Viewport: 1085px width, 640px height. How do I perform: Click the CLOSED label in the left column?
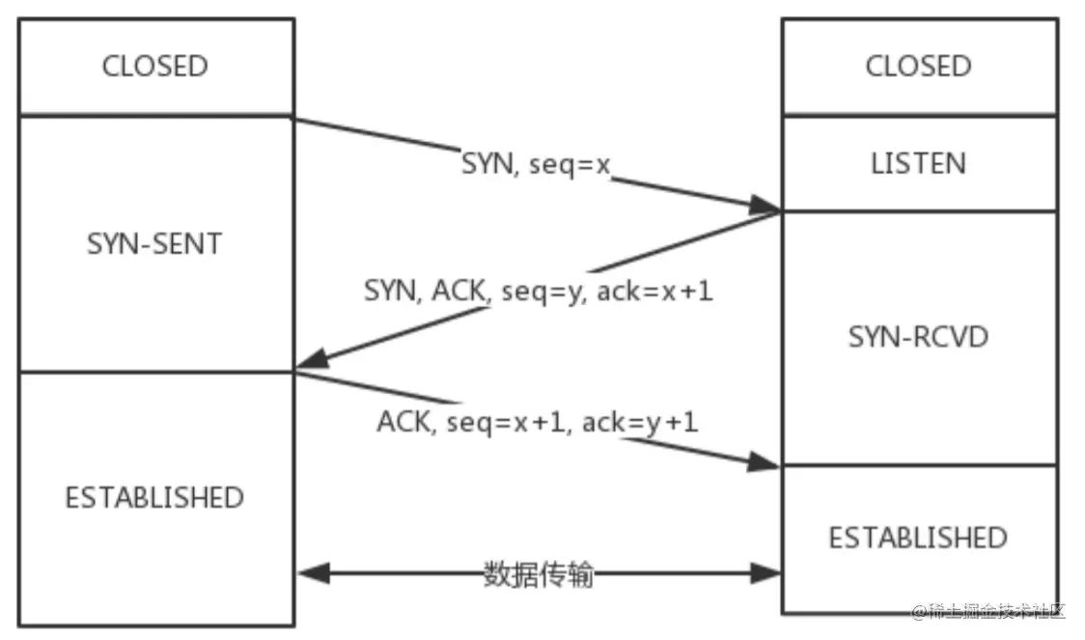click(154, 67)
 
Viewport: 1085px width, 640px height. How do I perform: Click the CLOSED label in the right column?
click(918, 67)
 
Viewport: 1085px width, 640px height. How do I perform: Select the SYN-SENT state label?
click(154, 243)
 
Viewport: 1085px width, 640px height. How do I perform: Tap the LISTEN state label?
click(918, 163)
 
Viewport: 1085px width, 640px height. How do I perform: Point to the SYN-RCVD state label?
click(918, 337)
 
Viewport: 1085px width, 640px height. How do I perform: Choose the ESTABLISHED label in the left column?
click(154, 498)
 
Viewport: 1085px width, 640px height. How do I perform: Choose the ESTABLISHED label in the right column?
click(918, 538)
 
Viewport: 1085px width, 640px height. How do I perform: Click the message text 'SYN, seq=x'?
click(537, 165)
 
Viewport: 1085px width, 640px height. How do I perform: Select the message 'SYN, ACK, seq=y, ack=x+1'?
click(539, 292)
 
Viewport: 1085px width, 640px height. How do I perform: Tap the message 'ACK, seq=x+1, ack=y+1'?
click(538, 422)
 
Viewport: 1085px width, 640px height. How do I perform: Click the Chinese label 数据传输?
click(538, 575)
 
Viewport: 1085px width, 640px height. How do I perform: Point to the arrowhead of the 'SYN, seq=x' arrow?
click(768, 206)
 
